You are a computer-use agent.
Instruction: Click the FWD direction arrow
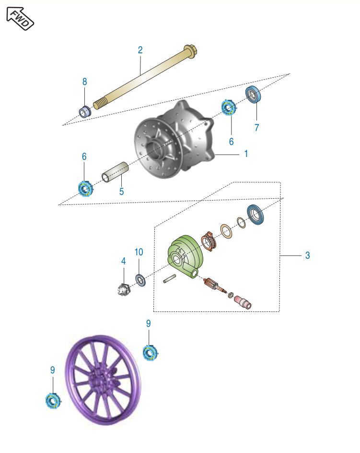click(20, 19)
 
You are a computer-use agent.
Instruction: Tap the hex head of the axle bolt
click(190, 50)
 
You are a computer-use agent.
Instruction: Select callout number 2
click(140, 50)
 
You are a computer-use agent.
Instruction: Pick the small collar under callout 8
click(85, 112)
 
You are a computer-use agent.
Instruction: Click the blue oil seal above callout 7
click(253, 94)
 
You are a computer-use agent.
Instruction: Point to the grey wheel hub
click(174, 139)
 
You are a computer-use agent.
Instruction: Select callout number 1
click(246, 154)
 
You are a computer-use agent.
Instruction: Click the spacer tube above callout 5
click(115, 172)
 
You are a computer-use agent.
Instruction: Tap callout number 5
click(122, 191)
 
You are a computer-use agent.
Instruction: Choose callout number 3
click(308, 255)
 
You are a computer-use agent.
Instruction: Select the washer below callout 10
click(140, 280)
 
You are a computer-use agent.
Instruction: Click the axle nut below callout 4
click(123, 289)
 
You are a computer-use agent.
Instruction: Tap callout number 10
click(139, 252)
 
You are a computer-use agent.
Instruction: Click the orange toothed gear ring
click(209, 241)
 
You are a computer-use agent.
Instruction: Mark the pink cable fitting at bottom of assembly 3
click(243, 302)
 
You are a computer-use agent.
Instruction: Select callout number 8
click(84, 82)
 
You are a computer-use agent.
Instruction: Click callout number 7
click(256, 128)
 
